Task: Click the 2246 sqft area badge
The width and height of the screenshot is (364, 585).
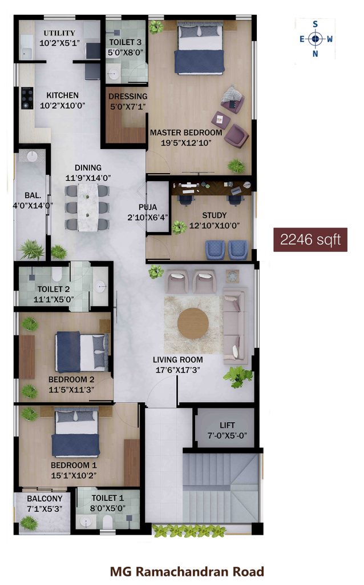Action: tap(310, 239)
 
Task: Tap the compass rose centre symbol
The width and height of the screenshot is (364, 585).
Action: tap(316, 38)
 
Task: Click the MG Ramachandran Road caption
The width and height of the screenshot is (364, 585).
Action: tap(187, 571)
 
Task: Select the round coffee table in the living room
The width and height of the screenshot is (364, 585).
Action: tap(193, 323)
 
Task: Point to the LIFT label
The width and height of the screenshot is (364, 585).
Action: tap(227, 425)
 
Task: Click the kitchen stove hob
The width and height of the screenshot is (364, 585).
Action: tap(26, 98)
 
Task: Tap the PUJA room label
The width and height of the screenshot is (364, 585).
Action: tap(148, 207)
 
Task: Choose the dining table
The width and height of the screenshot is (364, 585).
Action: tap(87, 207)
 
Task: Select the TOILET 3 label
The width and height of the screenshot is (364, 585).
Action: tap(125, 42)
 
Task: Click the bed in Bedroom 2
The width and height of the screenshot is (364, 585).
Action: tap(82, 352)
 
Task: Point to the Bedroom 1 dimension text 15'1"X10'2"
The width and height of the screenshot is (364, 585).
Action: tap(74, 475)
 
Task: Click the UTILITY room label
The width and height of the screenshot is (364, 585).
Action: tap(59, 33)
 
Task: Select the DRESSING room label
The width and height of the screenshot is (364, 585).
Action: tap(128, 96)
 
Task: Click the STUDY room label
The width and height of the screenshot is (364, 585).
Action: tap(214, 215)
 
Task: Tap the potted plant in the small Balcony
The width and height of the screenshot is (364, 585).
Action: tap(29, 522)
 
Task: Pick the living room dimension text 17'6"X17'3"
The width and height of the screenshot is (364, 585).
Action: tap(177, 370)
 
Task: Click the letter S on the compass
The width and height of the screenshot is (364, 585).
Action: tap(315, 25)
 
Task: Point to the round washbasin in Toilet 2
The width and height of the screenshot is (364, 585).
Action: tap(100, 287)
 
